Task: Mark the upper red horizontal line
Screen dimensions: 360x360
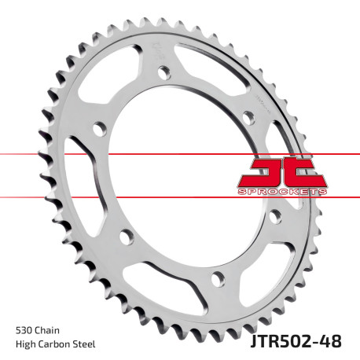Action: coord(118,154)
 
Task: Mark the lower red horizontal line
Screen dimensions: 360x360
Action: coord(118,196)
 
